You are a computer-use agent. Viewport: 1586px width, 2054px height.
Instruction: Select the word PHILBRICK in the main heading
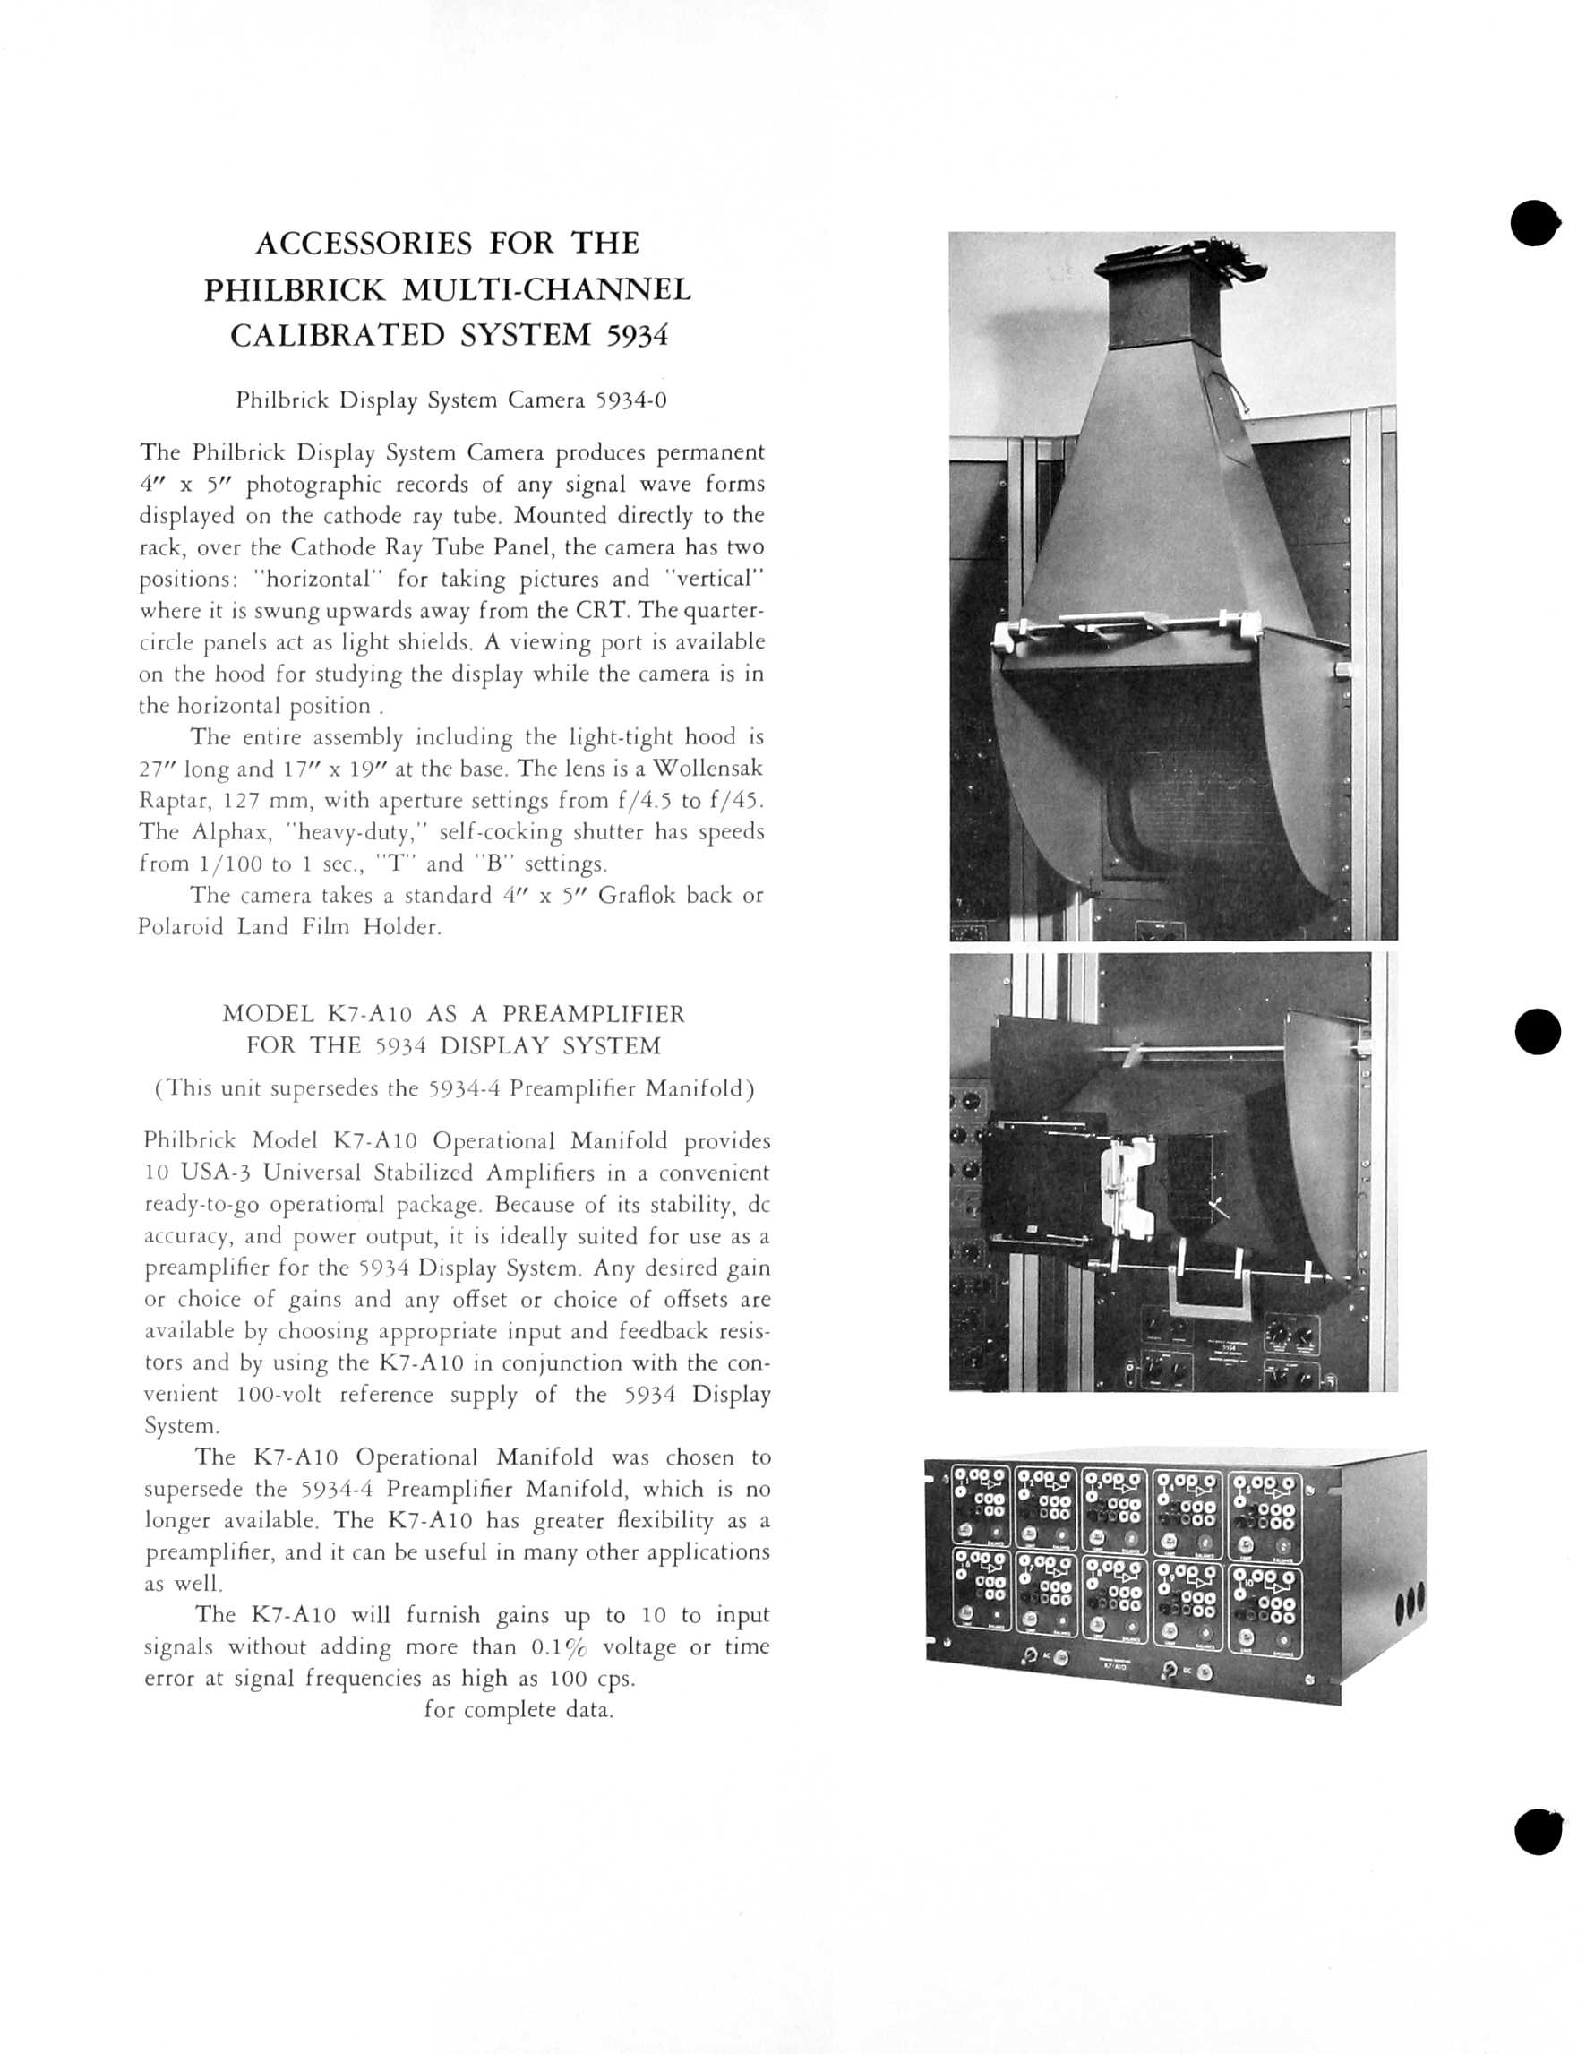(296, 288)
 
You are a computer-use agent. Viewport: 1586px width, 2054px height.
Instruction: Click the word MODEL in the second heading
(268, 1014)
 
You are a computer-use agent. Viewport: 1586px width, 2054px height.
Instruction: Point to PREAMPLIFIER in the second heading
(593, 1014)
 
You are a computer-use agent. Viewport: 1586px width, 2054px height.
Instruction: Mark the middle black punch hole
(1538, 1032)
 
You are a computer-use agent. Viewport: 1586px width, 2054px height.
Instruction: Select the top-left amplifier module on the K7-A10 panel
(982, 1506)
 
